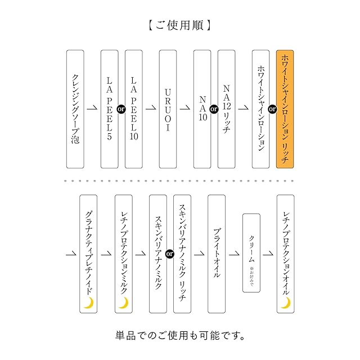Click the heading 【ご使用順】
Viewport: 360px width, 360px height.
pos(179,25)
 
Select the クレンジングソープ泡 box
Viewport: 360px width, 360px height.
pos(75,109)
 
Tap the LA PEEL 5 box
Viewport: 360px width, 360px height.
pos(110,109)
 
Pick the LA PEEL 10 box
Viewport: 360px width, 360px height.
pos(134,109)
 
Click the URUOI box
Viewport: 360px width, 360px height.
pos(168,109)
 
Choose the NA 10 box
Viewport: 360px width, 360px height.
pos(202,109)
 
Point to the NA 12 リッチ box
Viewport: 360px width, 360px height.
pos(227,109)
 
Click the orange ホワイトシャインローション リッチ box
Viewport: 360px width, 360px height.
pos(285,109)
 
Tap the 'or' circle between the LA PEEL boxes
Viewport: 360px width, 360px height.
pos(121,109)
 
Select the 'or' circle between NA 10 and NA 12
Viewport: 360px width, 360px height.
pos(214,109)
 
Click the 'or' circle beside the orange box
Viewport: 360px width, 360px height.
pos(272,109)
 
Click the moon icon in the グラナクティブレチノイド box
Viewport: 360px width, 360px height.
pos(88,303)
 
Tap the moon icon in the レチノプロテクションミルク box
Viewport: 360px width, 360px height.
pos(123,303)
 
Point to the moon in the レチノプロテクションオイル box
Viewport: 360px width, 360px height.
pos(285,303)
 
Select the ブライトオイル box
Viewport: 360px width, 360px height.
pos(217,254)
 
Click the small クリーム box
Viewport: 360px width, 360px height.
pos(251,254)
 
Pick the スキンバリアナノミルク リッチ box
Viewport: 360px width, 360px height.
pos(182,254)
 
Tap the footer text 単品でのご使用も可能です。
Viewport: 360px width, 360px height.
pos(179,336)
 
